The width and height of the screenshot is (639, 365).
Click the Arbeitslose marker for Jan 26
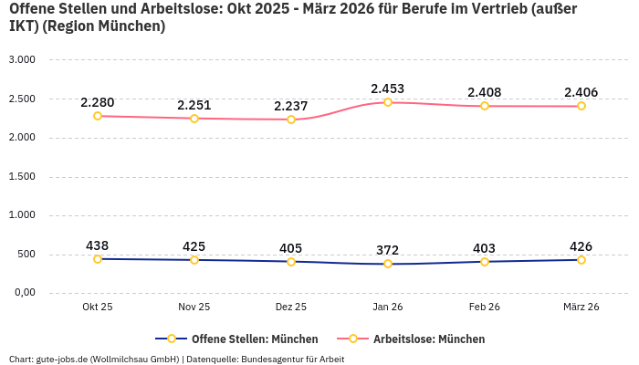(x=388, y=102)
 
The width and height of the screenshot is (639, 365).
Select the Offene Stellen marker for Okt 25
(x=98, y=259)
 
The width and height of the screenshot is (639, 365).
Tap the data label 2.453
(x=388, y=89)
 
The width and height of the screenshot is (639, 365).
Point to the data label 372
(x=388, y=250)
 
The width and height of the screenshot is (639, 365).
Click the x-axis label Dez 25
(x=291, y=308)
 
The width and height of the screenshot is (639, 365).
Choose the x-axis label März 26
(x=581, y=308)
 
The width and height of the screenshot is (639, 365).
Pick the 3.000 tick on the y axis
(x=21, y=60)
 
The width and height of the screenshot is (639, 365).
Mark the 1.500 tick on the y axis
(x=21, y=177)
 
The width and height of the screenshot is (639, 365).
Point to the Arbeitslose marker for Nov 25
(x=194, y=118)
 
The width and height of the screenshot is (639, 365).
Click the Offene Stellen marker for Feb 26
(x=485, y=262)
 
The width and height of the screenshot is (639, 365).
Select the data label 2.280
(x=98, y=102)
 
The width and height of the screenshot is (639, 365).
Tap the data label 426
(x=581, y=246)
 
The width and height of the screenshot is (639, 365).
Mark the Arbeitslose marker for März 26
(x=581, y=106)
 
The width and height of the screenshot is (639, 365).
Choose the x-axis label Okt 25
(x=98, y=308)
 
